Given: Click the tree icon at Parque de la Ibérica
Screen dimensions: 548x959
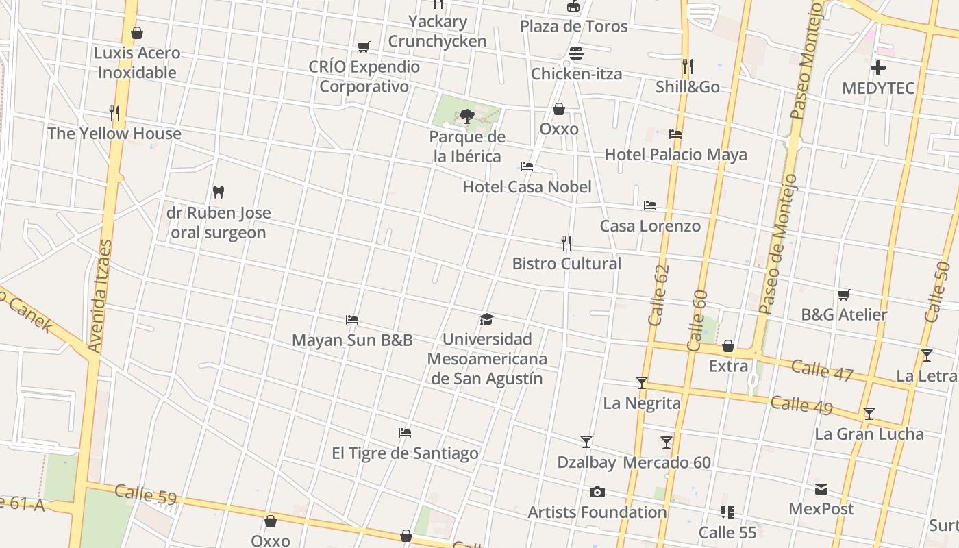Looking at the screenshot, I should click(467, 116).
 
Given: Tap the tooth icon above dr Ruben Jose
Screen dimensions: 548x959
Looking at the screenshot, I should click(219, 192).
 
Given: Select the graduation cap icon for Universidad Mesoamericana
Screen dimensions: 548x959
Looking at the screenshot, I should click(486, 319).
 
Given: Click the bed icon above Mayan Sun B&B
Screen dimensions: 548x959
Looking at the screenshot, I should click(352, 320).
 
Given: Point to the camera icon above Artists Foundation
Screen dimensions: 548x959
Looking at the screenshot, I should click(597, 492).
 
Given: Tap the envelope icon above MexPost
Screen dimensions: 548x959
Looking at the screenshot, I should click(821, 489).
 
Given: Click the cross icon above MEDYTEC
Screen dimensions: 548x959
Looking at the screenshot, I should click(878, 68).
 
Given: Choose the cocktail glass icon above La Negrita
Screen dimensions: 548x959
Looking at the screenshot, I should click(642, 383).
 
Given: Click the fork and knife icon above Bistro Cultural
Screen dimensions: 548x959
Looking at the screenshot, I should click(566, 243).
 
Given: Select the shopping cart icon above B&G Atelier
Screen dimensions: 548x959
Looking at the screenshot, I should click(844, 295).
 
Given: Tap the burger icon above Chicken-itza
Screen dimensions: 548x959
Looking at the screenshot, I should click(576, 53).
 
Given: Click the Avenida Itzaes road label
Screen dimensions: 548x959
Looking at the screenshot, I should click(100, 296).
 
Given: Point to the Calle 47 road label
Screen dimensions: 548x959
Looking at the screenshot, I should click(822, 370).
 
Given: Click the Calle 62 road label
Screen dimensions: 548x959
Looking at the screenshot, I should click(658, 295).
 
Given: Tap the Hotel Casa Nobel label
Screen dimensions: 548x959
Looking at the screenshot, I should click(527, 187).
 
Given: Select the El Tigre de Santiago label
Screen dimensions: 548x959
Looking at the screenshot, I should click(405, 453).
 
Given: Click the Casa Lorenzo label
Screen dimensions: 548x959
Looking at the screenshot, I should click(650, 226).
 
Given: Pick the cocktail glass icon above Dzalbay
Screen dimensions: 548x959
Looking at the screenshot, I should click(586, 442).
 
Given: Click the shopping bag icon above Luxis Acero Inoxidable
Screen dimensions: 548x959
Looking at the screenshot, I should click(137, 33).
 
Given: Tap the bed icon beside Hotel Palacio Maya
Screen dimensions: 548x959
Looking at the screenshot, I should click(675, 134).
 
